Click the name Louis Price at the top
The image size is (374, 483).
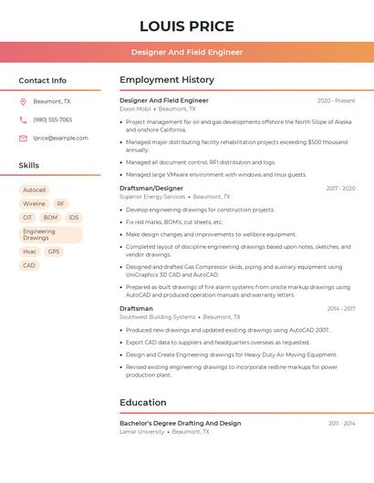pos(187,26)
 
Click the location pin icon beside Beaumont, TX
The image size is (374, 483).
pos(23,102)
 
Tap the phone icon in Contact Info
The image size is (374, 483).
pos(23,120)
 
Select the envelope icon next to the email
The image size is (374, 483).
pos(23,139)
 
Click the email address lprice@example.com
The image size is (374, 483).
pos(60,139)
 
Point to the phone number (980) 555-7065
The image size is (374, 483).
pos(53,120)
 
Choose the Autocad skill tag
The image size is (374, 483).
pos(34,190)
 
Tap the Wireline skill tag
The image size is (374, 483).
pos(34,204)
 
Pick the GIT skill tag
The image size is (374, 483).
pos(27,218)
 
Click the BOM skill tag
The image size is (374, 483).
pos(50,218)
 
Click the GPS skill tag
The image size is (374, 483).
pos(54,252)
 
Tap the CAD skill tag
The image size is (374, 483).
pos(29,265)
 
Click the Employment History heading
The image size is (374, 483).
pos(167,80)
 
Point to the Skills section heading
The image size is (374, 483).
pos(29,166)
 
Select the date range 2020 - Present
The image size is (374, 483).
pos(336,101)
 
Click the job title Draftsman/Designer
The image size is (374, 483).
pos(151,189)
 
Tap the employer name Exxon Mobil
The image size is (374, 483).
pos(134,109)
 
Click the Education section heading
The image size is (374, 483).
pos(143,403)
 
